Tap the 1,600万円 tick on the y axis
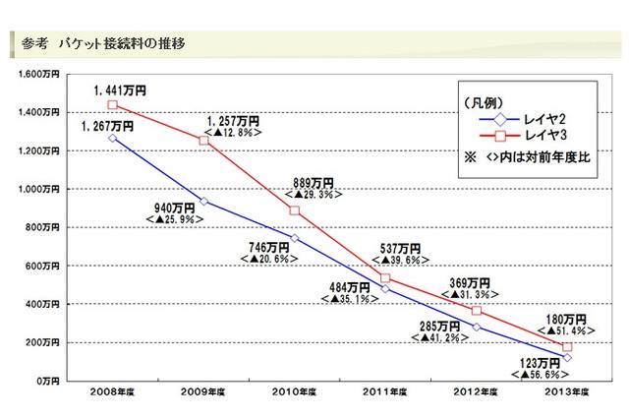(41, 74)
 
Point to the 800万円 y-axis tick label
(45, 227)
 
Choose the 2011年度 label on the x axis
(385, 394)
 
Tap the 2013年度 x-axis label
(567, 394)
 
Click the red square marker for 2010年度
(294, 210)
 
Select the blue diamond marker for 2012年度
(476, 327)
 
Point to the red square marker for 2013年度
(567, 346)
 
